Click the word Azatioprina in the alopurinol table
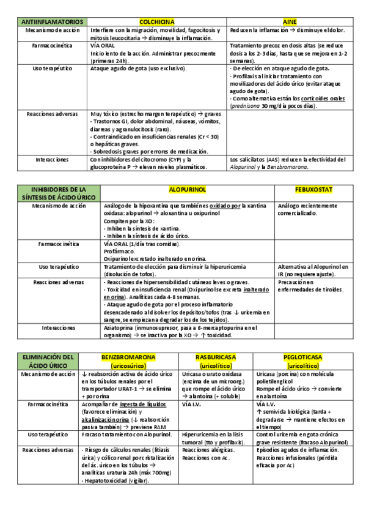[123, 328]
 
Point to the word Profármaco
[120, 251]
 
